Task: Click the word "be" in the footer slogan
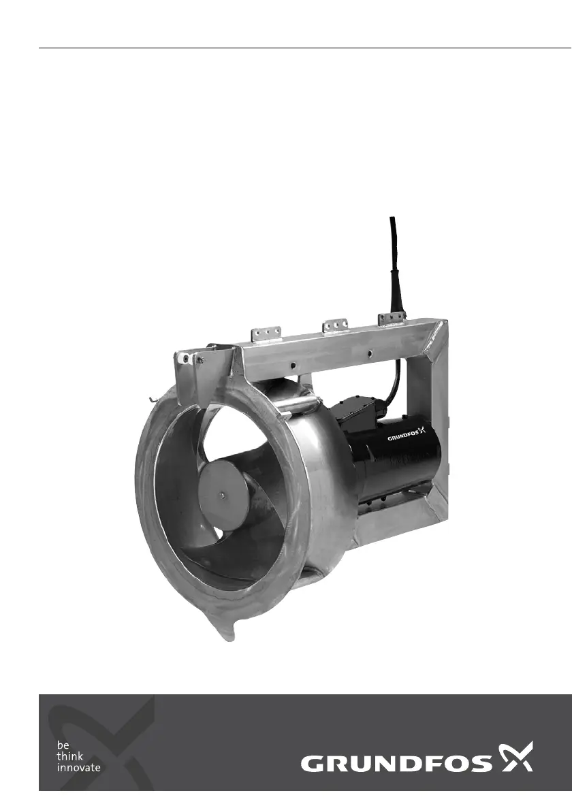63,745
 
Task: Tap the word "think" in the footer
69,756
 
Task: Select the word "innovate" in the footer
78,768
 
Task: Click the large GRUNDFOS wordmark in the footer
396,764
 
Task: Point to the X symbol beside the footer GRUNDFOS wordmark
515,757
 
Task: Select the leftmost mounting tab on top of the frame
266,334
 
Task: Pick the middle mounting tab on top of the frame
335,326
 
